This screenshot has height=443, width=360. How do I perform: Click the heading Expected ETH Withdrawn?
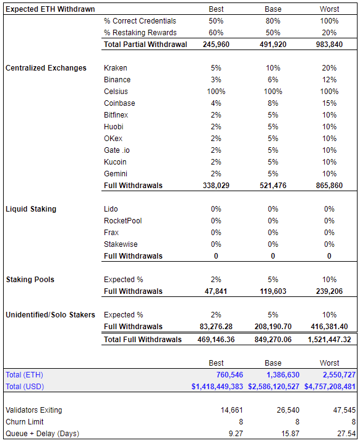(x=50, y=9)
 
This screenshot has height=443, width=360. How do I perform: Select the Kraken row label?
(x=116, y=68)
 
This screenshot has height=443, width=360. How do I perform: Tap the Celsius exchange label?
(x=116, y=91)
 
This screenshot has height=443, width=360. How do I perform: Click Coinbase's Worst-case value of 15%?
(x=329, y=103)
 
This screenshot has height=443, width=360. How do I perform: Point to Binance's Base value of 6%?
(x=273, y=80)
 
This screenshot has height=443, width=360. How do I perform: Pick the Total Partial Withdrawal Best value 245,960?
(x=216, y=45)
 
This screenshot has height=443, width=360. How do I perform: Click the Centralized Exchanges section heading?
(x=46, y=68)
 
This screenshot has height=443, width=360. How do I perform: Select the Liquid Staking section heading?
(x=31, y=209)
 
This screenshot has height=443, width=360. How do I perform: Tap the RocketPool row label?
(x=123, y=221)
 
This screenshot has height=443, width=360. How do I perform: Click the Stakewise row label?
(x=121, y=244)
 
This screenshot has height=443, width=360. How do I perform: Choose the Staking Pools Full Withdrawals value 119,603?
(x=273, y=291)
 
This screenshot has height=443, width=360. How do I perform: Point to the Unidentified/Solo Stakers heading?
(x=50, y=314)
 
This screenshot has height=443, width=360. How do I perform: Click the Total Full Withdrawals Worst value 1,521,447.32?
(x=329, y=339)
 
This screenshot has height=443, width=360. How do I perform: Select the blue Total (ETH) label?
(x=24, y=374)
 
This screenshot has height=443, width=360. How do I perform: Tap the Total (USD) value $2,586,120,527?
(x=273, y=386)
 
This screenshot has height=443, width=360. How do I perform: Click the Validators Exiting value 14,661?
(x=231, y=410)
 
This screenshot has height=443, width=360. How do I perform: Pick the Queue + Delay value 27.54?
(x=346, y=433)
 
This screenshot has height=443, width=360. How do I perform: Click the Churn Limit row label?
(x=25, y=421)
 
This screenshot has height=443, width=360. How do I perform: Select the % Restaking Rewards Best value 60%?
(x=216, y=33)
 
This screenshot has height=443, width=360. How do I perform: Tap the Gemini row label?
(x=116, y=173)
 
